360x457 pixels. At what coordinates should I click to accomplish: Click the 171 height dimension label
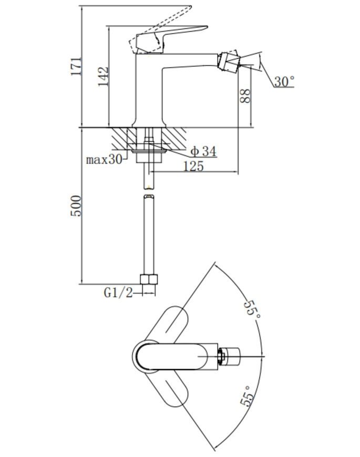(x=76, y=67)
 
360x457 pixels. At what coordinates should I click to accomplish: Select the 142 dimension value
(x=103, y=77)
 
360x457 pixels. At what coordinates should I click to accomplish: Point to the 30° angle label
(x=284, y=81)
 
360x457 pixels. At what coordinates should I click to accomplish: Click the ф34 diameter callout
(x=203, y=151)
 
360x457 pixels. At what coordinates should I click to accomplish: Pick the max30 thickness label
(x=104, y=160)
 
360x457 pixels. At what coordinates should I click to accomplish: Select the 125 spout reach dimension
(x=193, y=166)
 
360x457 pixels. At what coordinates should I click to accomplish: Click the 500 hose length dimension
(x=76, y=206)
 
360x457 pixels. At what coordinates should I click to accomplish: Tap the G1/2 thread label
(x=118, y=293)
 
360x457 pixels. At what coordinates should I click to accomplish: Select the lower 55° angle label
(x=246, y=396)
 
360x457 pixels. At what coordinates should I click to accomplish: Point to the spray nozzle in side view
(x=229, y=61)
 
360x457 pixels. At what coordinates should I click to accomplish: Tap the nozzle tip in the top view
(x=230, y=356)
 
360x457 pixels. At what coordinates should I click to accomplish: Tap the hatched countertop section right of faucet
(x=174, y=138)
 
